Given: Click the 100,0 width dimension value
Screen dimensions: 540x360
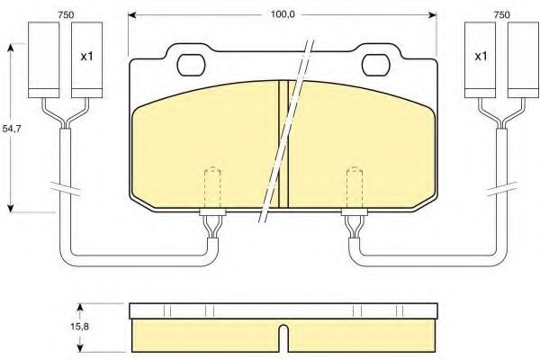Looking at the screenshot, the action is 282,14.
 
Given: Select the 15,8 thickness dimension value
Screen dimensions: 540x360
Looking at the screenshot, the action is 79,326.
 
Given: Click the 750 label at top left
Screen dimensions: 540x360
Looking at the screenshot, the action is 66,14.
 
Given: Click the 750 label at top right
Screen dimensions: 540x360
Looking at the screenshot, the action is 501,14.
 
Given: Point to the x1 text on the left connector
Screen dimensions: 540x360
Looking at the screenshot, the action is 86,57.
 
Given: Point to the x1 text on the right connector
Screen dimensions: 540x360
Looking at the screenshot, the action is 481,56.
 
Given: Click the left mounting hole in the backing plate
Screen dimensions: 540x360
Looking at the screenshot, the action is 191,65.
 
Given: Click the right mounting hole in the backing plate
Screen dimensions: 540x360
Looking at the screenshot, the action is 375,65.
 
